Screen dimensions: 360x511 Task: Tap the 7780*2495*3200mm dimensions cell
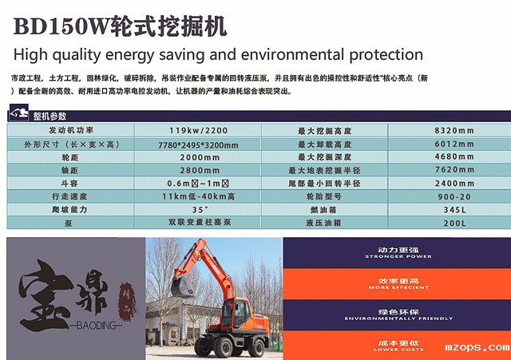tap(199, 144)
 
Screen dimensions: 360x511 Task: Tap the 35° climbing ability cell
tap(199, 209)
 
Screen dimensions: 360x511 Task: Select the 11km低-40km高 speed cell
tap(199, 196)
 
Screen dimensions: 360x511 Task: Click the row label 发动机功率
tap(71, 131)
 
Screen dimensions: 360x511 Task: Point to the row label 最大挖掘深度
tap(329, 157)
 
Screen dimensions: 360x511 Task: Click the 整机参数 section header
tap(50, 117)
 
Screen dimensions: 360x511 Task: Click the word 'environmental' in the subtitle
tap(274, 55)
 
